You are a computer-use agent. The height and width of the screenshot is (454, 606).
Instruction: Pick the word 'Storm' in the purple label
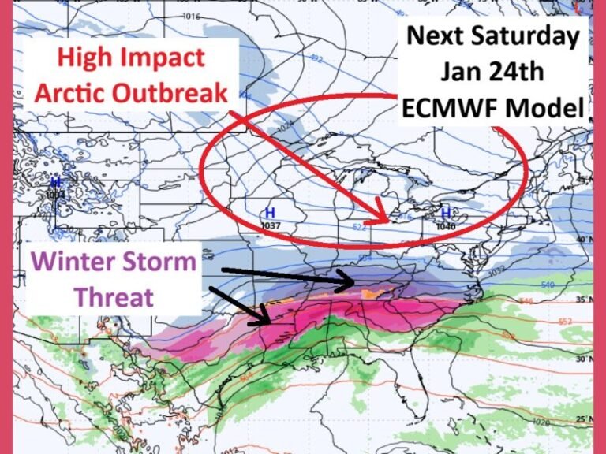[160, 261]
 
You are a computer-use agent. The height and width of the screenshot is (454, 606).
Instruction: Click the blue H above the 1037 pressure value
[270, 213]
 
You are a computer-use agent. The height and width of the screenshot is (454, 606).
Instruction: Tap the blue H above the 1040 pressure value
[446, 213]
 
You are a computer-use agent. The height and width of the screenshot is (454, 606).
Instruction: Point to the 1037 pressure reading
[271, 225]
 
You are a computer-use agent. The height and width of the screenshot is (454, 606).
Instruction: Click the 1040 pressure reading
[446, 225]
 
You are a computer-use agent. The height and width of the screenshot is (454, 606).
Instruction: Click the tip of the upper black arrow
[356, 280]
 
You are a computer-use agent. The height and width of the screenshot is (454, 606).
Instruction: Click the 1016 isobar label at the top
[190, 16]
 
